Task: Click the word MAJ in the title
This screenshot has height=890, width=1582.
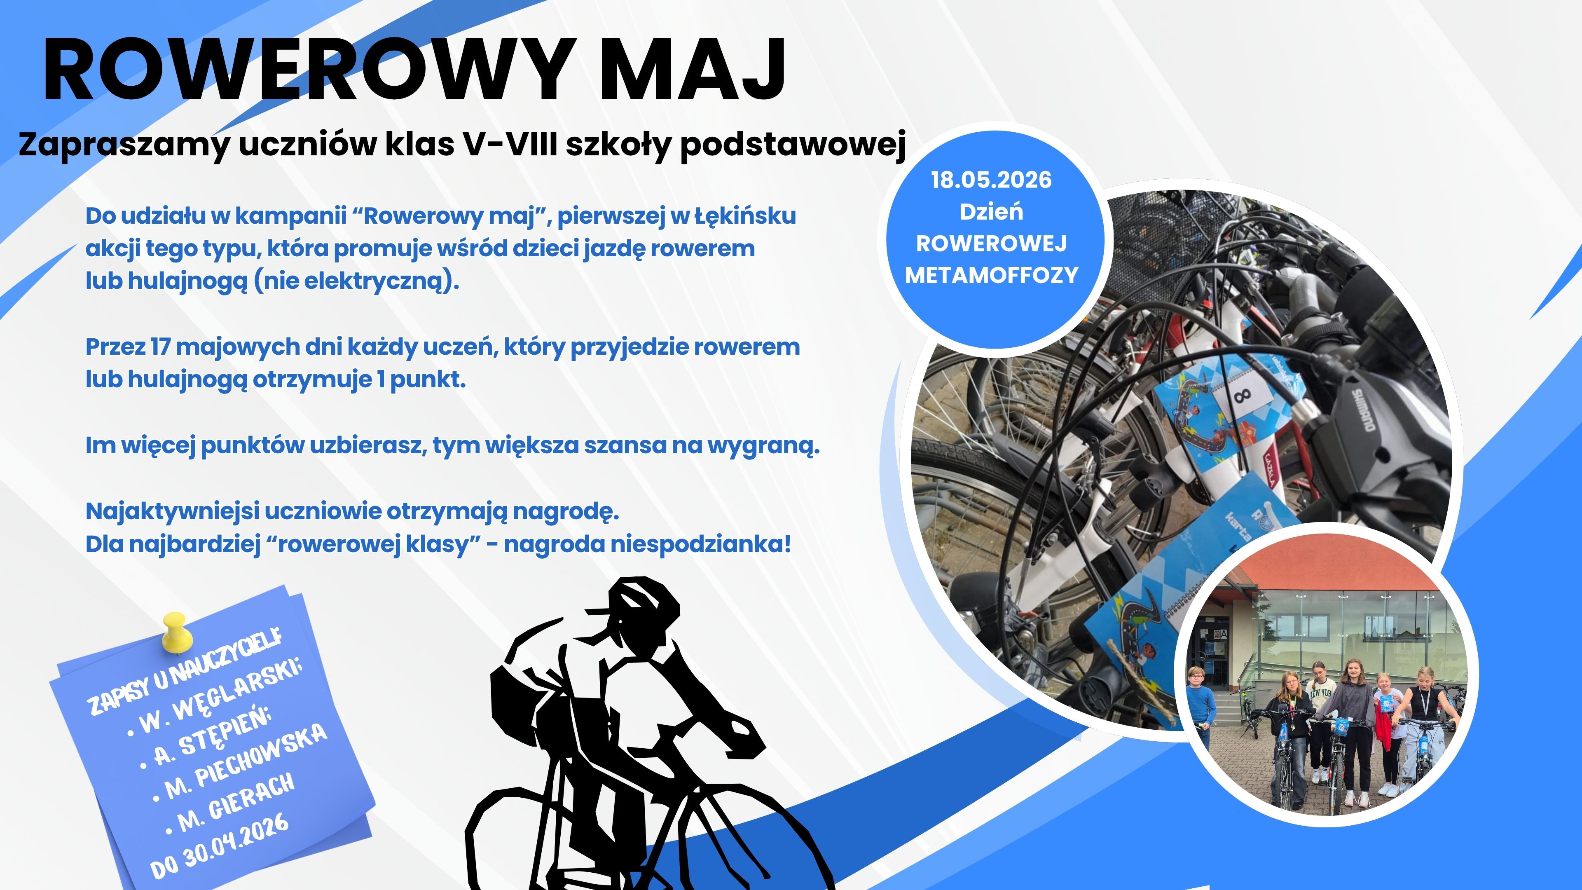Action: tap(692, 69)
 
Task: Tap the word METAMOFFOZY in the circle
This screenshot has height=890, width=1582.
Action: tap(991, 275)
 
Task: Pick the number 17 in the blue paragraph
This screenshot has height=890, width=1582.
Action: tap(160, 347)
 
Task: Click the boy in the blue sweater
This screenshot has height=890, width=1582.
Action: tap(1200, 706)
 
